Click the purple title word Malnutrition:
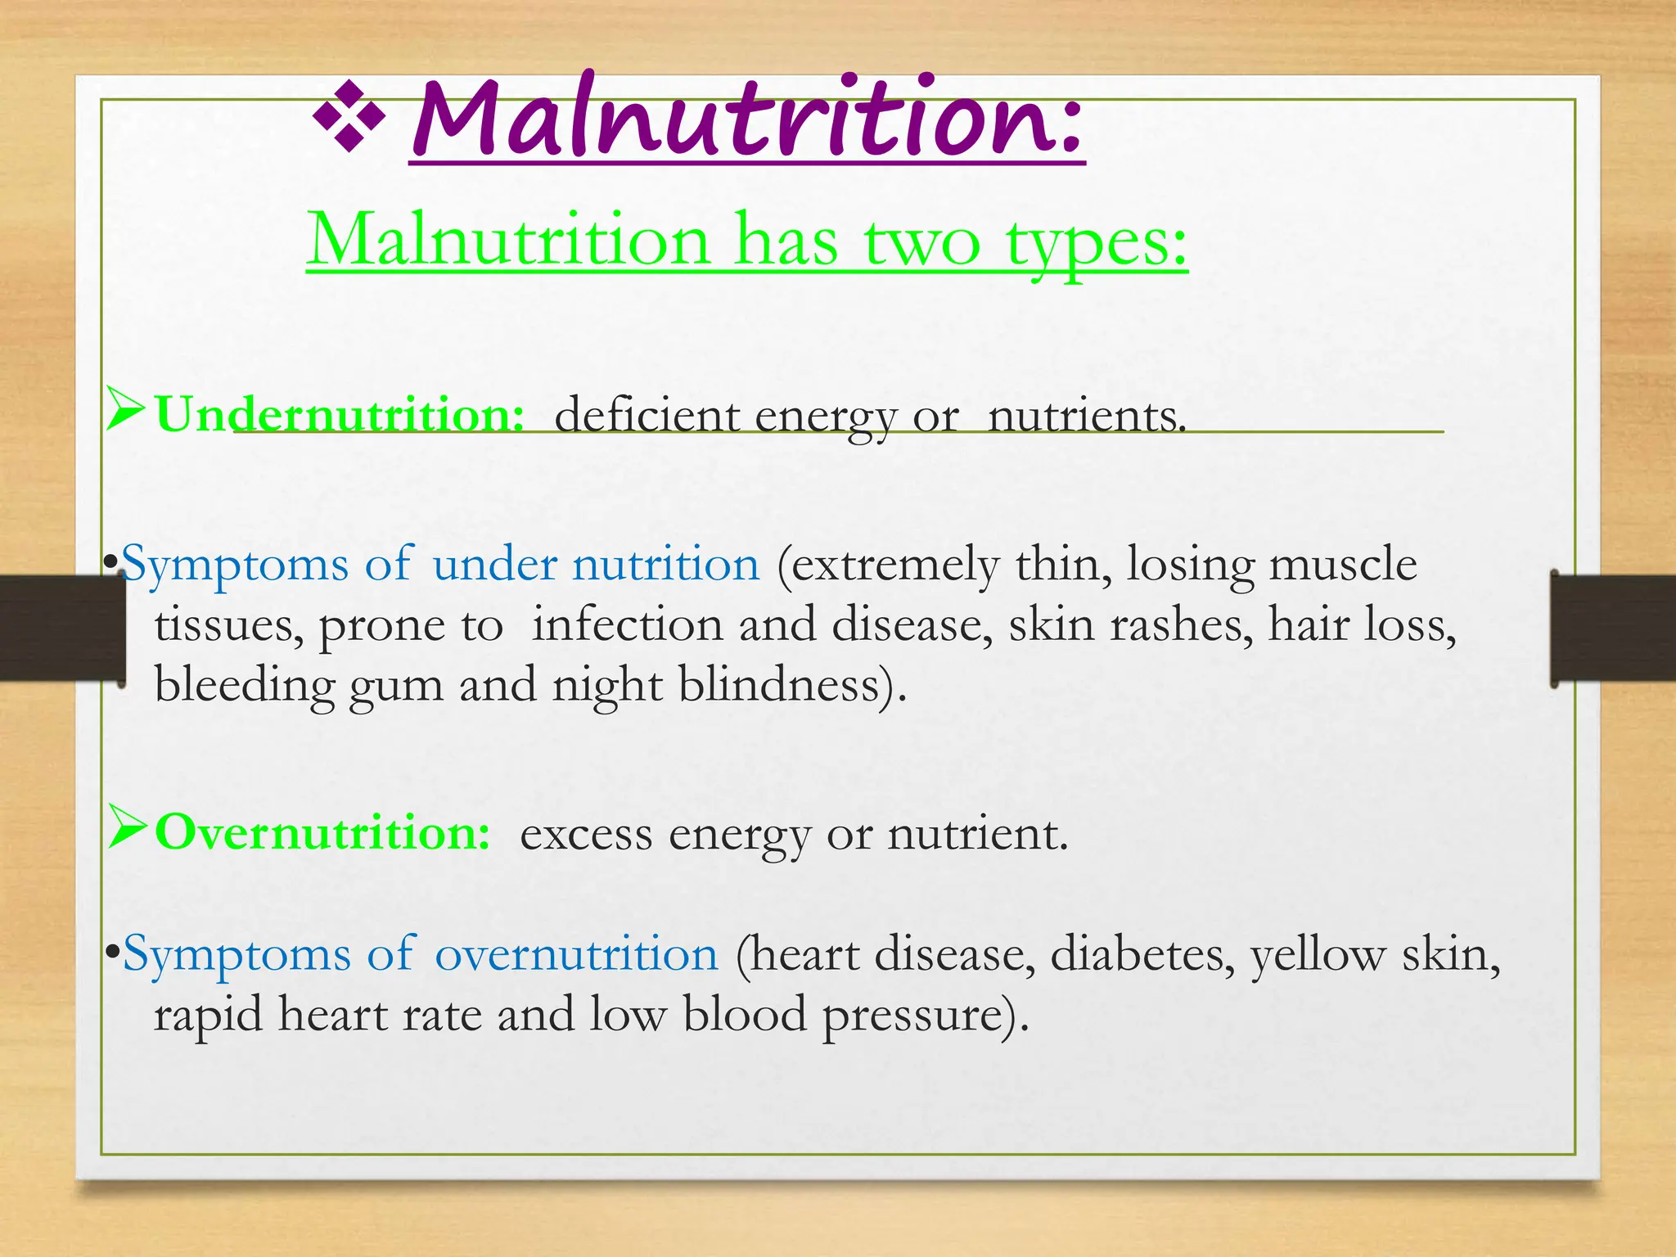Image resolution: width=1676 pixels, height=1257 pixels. point(746,120)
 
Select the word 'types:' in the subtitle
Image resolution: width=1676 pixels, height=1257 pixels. point(1097,243)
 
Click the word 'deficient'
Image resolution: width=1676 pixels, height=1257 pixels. point(647,416)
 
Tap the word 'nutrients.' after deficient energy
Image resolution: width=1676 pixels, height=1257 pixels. point(1087,417)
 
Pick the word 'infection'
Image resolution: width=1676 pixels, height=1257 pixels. point(627,624)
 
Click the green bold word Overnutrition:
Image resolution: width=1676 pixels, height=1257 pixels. point(323,833)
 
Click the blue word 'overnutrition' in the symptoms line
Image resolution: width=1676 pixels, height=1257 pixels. point(576,954)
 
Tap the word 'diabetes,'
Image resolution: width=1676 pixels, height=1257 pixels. point(1142,954)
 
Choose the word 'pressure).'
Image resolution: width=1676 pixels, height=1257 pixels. point(925,1016)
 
